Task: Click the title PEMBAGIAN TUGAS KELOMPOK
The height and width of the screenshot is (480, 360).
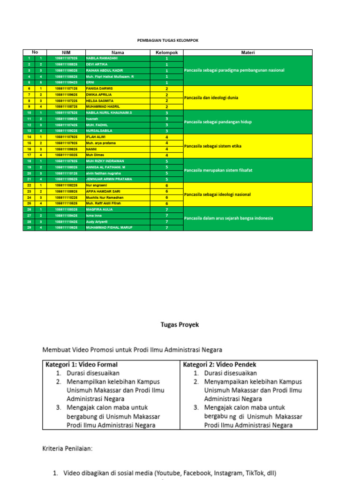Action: click(x=168, y=41)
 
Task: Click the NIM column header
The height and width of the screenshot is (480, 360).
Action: click(x=66, y=52)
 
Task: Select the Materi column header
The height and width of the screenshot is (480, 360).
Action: click(x=247, y=52)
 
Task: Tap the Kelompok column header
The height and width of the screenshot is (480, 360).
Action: click(x=166, y=52)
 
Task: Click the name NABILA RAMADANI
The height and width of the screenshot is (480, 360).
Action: click(x=101, y=58)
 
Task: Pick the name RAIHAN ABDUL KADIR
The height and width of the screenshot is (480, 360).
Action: click(x=104, y=70)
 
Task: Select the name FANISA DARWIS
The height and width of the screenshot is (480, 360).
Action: click(x=99, y=88)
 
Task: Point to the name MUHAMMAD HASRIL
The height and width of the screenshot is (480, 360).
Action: click(x=103, y=106)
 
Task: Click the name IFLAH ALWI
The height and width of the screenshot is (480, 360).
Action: click(x=96, y=137)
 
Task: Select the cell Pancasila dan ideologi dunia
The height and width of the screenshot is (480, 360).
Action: click(x=211, y=97)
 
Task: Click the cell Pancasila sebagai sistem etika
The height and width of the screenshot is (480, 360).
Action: click(x=213, y=146)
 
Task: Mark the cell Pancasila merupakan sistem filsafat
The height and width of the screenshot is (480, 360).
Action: click(x=218, y=170)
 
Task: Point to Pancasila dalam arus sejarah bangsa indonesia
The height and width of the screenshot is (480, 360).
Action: click(x=228, y=218)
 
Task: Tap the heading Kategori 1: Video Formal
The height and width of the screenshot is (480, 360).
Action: click(x=82, y=364)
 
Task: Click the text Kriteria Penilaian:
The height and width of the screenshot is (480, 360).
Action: click(x=67, y=449)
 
